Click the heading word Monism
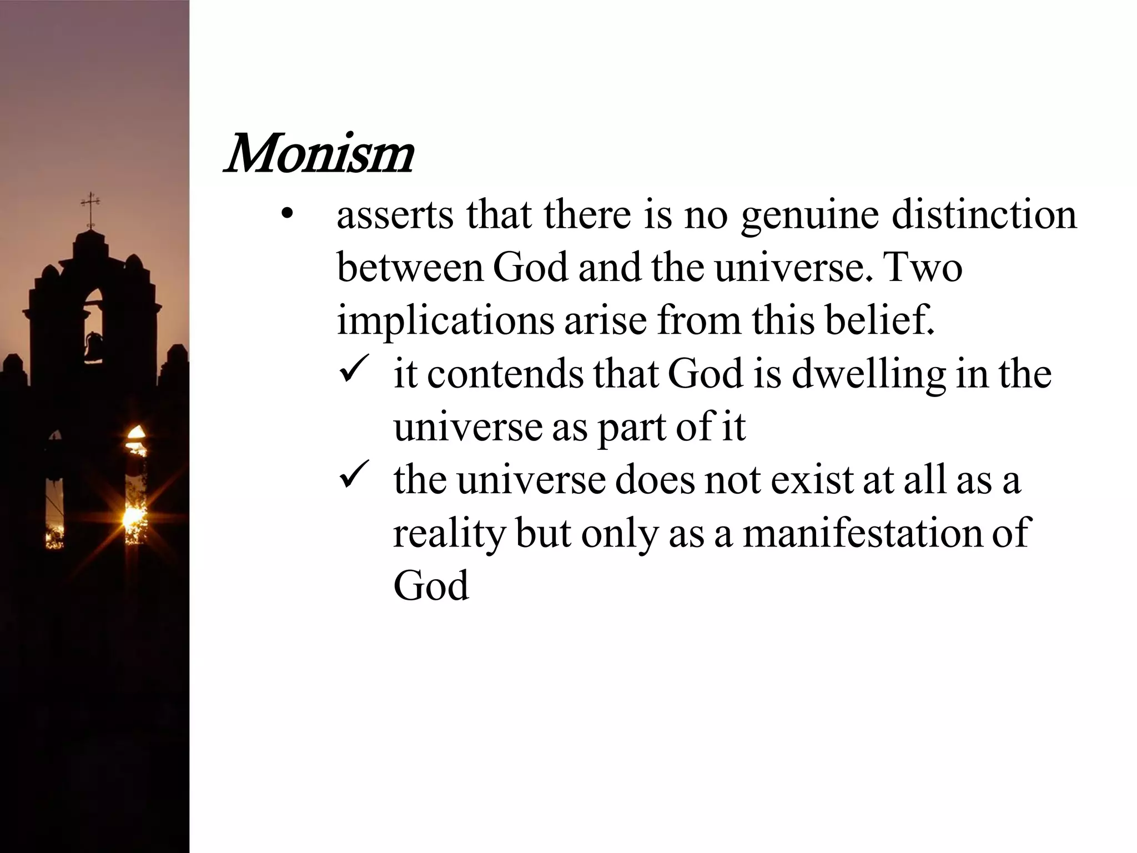318,154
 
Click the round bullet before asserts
286,215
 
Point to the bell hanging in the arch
93,346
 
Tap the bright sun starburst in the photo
133,516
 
